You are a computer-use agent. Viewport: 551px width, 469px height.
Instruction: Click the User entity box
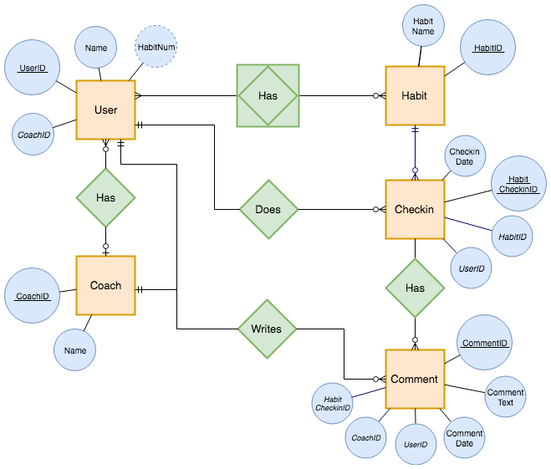click(105, 110)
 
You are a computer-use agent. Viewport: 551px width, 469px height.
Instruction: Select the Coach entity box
click(105, 285)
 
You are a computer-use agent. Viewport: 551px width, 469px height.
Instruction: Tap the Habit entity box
click(414, 95)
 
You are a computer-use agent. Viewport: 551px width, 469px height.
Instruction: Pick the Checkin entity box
click(414, 209)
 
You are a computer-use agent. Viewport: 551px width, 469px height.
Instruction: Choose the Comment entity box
click(414, 379)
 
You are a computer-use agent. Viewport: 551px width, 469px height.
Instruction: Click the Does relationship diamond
click(268, 209)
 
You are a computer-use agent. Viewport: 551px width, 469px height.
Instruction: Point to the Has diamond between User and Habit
click(268, 95)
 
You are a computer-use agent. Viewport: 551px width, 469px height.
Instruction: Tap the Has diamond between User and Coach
click(105, 197)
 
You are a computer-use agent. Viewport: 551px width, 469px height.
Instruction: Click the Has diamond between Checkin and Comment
click(415, 288)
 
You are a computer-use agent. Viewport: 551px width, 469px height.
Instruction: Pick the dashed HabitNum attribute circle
click(157, 48)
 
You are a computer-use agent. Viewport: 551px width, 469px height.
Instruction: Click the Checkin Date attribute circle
click(464, 156)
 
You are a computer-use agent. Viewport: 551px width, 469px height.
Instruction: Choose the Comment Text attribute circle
click(506, 397)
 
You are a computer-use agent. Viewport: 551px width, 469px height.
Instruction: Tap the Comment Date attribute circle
click(464, 438)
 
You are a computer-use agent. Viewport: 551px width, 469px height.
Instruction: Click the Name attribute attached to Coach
click(75, 350)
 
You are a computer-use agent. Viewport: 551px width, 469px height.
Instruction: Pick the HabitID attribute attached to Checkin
click(513, 237)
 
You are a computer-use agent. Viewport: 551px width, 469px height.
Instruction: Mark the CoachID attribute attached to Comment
click(366, 437)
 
